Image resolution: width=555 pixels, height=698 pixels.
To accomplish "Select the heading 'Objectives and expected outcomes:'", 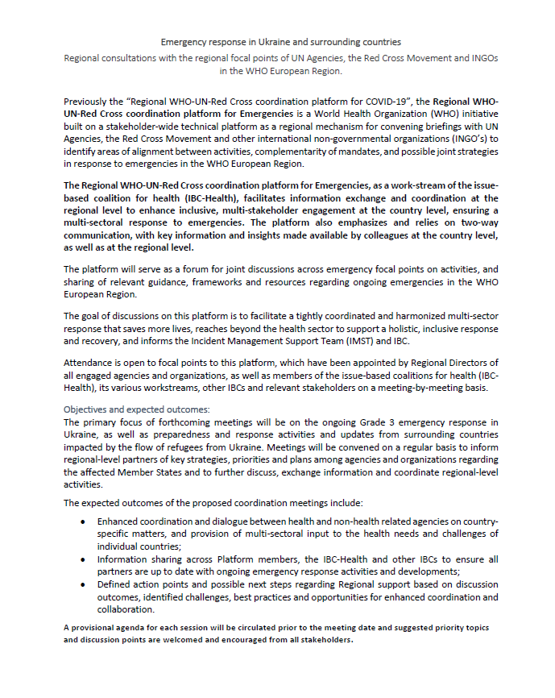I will (136, 409).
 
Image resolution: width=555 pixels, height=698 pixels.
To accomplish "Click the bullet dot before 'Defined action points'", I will (84, 584).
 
